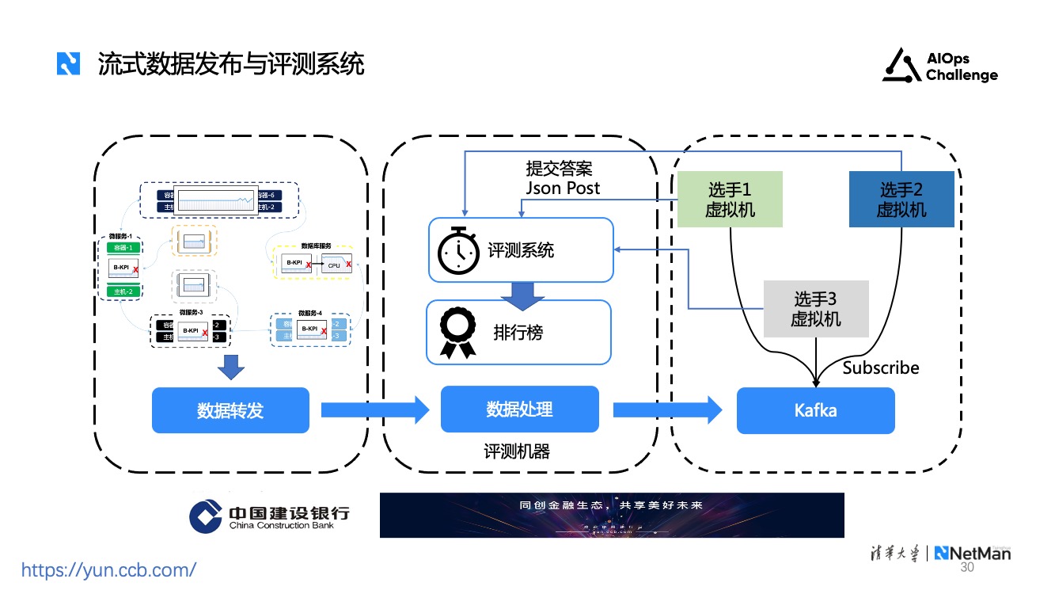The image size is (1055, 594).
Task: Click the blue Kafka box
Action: coord(815,410)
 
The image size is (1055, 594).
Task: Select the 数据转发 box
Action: coord(230,410)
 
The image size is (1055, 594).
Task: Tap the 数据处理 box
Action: coord(519,409)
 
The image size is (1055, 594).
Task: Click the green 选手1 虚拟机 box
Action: coord(730,200)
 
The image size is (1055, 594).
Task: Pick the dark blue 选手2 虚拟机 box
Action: coord(901,200)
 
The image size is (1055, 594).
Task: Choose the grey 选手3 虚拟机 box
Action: coord(816,309)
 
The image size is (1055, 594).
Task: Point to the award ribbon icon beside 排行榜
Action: coord(458,333)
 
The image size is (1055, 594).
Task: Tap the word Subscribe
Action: coord(881,367)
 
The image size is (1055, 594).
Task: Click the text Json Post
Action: coord(563,188)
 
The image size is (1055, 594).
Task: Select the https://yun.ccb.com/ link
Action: coord(108,569)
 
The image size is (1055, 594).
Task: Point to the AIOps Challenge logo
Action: coord(940,67)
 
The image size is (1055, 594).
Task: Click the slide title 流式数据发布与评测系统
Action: coord(231,63)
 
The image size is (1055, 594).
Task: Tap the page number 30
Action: coord(966,569)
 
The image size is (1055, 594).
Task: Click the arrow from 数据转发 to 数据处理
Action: coord(374,409)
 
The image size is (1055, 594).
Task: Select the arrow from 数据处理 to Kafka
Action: coord(667,409)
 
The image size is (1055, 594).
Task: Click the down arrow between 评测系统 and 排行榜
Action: coord(519,295)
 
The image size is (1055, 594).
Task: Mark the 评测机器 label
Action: coord(517,451)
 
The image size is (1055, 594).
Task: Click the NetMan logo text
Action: coord(973,554)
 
